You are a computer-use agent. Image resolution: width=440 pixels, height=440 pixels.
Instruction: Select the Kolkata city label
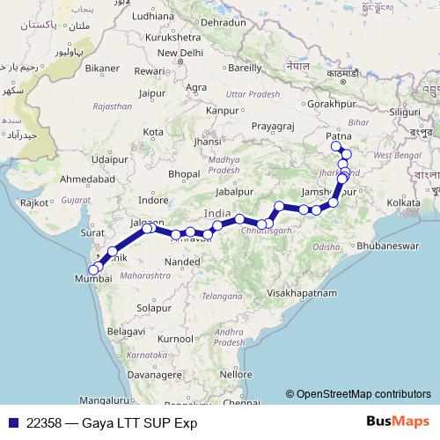pyautogui.click(x=403, y=202)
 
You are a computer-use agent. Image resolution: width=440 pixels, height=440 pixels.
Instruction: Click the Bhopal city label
pyautogui.click(x=184, y=173)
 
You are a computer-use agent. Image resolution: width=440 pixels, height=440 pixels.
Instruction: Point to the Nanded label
pyautogui.click(x=189, y=261)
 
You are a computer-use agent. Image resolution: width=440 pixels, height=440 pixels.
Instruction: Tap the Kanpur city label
pyautogui.click(x=221, y=111)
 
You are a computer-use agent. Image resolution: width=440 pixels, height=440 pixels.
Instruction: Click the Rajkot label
pyautogui.click(x=35, y=202)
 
